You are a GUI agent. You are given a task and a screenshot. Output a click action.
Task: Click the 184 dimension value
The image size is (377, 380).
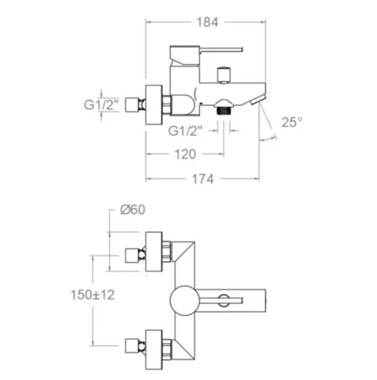click(x=207, y=22)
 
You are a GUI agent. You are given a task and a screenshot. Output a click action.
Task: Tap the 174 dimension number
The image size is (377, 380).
click(x=203, y=179)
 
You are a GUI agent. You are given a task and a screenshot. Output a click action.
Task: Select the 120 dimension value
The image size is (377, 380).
click(x=186, y=154)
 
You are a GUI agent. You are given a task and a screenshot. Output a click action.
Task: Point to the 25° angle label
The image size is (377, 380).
click(x=292, y=122)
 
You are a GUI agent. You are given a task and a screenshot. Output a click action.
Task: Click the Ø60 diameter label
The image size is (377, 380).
click(x=133, y=210)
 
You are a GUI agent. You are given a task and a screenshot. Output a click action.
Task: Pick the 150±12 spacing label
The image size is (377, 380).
click(x=92, y=294)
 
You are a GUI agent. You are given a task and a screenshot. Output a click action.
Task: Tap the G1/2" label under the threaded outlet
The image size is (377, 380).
click(x=186, y=131)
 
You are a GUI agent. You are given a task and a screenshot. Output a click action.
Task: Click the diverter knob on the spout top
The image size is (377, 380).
click(x=224, y=75)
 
